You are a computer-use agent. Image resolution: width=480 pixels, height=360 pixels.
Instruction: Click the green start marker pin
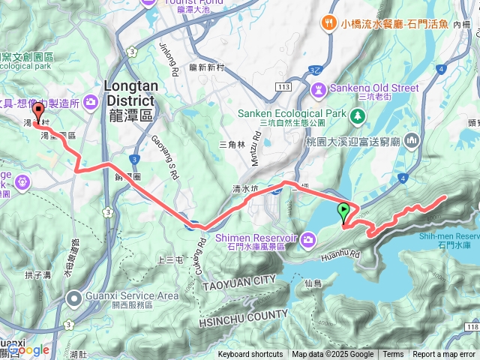pyautogui.click(x=343, y=212)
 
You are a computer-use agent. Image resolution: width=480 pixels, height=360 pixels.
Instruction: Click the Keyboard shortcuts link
pyautogui.click(x=250, y=355)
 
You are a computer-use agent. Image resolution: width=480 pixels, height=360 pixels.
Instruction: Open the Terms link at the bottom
pyautogui.click(x=393, y=355)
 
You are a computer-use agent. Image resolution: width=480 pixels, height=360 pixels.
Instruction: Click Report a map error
pyautogui.click(x=444, y=355)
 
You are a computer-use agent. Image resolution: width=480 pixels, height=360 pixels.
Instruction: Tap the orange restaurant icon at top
pyautogui.click(x=328, y=24)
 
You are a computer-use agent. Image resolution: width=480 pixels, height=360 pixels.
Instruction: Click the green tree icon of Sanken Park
pyautogui.click(x=358, y=115)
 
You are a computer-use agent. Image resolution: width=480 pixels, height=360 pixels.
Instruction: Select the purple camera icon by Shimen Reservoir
pyautogui.click(x=307, y=238)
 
